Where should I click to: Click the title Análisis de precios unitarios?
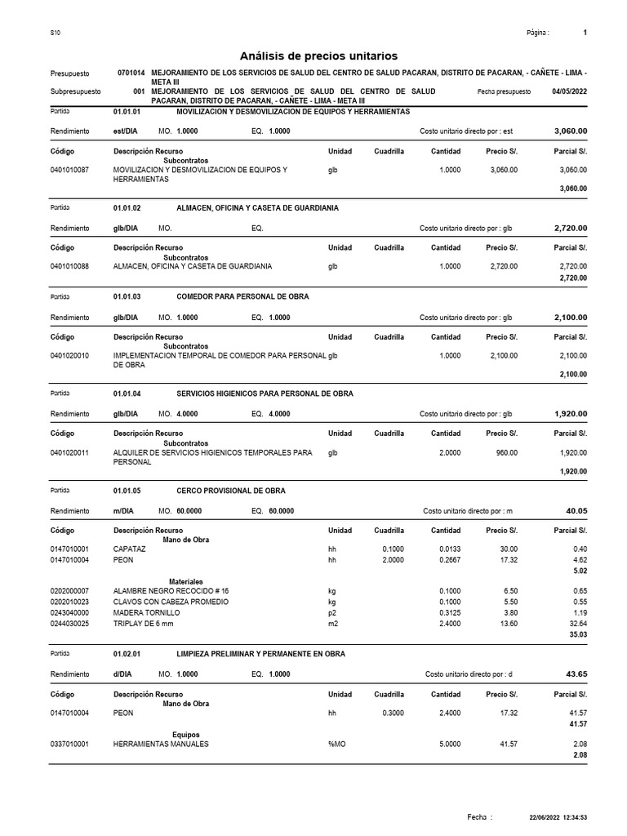coord(318,56)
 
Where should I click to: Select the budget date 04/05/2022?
coord(569,92)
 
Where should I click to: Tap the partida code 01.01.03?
coord(127,296)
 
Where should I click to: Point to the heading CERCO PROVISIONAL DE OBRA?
coord(231,490)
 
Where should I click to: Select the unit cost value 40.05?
coord(576,510)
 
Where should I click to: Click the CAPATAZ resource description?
coord(130,549)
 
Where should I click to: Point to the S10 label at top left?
coord(56,33)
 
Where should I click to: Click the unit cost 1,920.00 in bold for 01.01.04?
coord(571,414)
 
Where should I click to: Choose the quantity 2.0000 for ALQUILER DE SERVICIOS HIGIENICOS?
coord(450,451)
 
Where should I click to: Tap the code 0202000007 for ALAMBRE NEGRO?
coord(70,590)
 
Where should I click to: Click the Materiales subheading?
coord(185,581)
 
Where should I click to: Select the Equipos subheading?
coord(185,734)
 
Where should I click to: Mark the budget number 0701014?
coord(131,73)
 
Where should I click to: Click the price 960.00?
coord(506,451)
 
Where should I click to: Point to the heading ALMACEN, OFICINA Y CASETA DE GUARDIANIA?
coord(257,208)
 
